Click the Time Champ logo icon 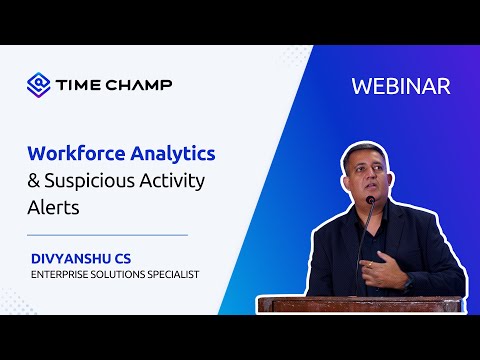tap(38, 84)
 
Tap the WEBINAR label tap(400, 86)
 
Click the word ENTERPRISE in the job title tap(64, 274)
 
